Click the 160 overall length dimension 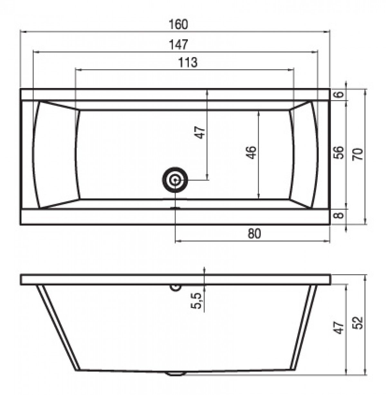[178, 24]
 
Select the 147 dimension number [178, 44]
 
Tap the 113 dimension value [188, 63]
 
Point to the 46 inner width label [252, 152]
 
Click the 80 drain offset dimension [254, 234]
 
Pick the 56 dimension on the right [338, 152]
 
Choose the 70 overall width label [358, 154]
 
